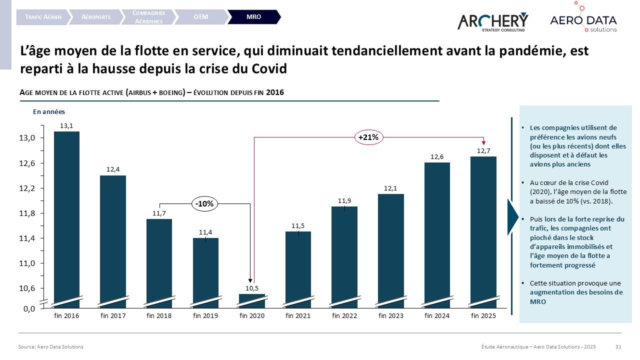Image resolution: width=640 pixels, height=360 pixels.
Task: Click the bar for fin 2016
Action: coord(66,215)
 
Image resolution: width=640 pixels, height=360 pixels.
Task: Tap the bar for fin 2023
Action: coord(391,247)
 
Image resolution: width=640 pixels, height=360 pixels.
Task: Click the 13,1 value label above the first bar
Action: coord(66,126)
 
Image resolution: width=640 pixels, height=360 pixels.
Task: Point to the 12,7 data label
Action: coord(483,150)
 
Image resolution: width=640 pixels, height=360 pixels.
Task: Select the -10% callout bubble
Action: coord(205,203)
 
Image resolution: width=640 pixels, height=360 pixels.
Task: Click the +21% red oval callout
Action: coord(369,137)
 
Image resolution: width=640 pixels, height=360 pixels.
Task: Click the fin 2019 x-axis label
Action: coord(205,316)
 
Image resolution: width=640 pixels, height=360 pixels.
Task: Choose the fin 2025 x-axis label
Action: coord(483,316)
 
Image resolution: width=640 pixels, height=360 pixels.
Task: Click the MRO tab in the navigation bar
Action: coord(253,17)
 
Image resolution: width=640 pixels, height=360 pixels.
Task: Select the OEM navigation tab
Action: coord(200,17)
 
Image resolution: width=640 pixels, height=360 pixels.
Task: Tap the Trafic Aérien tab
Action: coord(43,17)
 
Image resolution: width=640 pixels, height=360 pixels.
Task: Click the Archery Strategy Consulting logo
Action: coord(492,21)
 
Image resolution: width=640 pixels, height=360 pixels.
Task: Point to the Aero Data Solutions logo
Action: coord(583,20)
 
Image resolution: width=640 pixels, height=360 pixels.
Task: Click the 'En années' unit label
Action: coord(49,112)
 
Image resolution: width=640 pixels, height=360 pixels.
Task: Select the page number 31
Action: coord(618,346)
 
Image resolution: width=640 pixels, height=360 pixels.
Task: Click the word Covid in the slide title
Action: coord(267,68)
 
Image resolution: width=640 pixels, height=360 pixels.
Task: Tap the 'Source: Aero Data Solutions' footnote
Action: coord(50,346)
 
